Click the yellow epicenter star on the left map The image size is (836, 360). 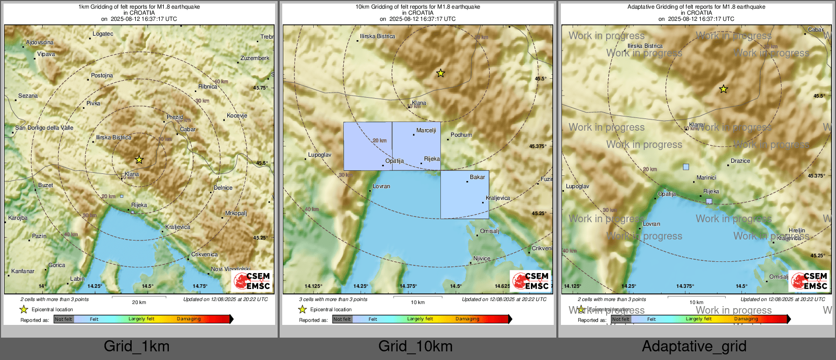click(x=139, y=160)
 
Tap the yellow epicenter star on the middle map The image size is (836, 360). click(x=440, y=73)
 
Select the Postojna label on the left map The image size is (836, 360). click(x=102, y=76)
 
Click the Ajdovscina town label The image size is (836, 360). click(x=40, y=43)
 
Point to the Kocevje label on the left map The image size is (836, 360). click(x=237, y=116)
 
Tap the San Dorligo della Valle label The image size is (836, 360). click(x=44, y=128)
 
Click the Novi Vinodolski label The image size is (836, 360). click(x=231, y=269)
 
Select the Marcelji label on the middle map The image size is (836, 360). click(x=426, y=131)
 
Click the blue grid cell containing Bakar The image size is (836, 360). click(x=464, y=195)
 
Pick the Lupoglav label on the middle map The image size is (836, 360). click(x=320, y=155)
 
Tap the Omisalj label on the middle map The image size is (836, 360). click(x=490, y=231)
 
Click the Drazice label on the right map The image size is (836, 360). click(x=740, y=161)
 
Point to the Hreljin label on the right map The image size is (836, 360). click(x=797, y=231)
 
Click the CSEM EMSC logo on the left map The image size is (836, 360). click(x=252, y=281)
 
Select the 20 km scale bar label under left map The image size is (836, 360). click(x=139, y=302)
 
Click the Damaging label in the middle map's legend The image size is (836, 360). click(x=467, y=319)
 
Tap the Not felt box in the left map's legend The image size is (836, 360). click(x=64, y=319)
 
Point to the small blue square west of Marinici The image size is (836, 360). click(x=686, y=167)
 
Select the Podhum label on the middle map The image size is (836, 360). click(x=461, y=135)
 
